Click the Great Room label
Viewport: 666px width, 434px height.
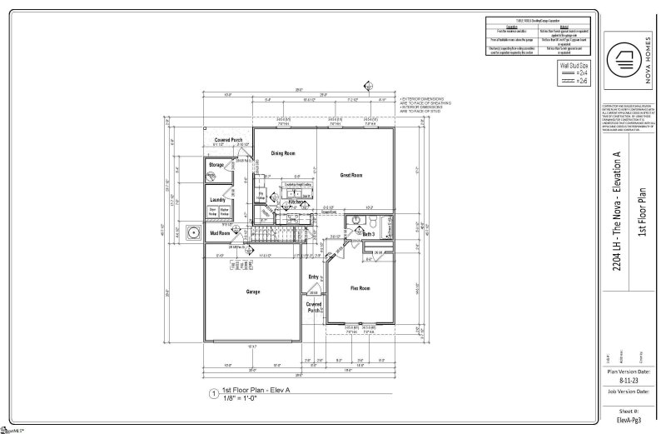coord(351,175)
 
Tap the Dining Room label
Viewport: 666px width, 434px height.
coord(284,153)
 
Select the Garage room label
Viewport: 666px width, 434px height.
coord(254,292)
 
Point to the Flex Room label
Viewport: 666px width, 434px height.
coord(359,287)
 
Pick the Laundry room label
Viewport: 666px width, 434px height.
coord(218,200)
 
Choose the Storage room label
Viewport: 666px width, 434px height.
coord(216,166)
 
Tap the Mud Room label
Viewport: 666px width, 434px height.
coord(219,234)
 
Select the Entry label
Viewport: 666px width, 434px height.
coord(314,277)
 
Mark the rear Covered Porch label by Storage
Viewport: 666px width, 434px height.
coord(228,139)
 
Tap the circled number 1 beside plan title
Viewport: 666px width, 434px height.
coord(214,393)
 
